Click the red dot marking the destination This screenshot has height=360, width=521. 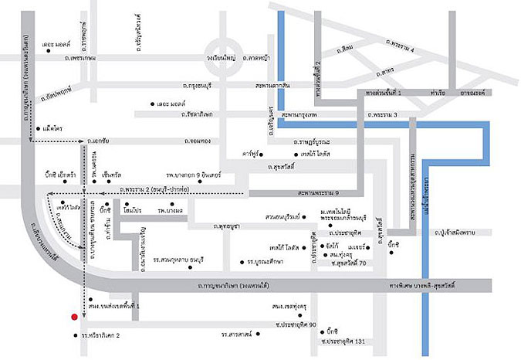(x=74, y=316)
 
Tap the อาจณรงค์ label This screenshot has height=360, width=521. (x=487, y=91)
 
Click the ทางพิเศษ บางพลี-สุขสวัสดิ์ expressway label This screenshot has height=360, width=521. (x=425, y=287)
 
